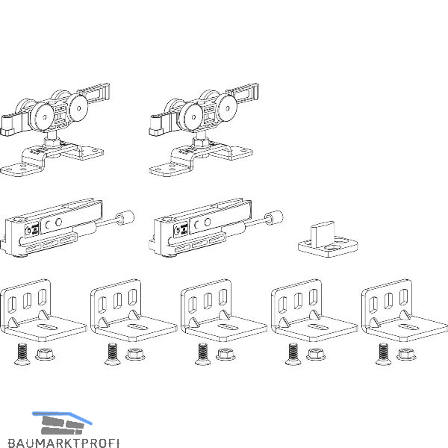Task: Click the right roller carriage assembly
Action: [x=201, y=127]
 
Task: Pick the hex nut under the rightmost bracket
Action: [x=405, y=353]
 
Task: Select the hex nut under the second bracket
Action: [x=135, y=353]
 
